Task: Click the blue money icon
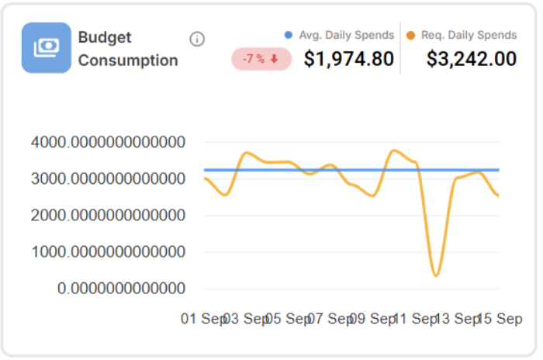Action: [x=46, y=47]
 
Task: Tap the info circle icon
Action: [x=197, y=39]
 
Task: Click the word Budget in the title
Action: [x=105, y=37]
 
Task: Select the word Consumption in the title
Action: [x=128, y=61]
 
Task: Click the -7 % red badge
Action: [x=261, y=59]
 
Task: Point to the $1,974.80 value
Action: [x=348, y=59]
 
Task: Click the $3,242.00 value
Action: [x=471, y=59]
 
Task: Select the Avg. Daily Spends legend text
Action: [x=346, y=35]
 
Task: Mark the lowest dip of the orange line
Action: [x=437, y=275]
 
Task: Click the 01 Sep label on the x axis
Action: [x=203, y=319]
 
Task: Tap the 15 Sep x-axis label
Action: [x=499, y=319]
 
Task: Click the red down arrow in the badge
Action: [x=275, y=59]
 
